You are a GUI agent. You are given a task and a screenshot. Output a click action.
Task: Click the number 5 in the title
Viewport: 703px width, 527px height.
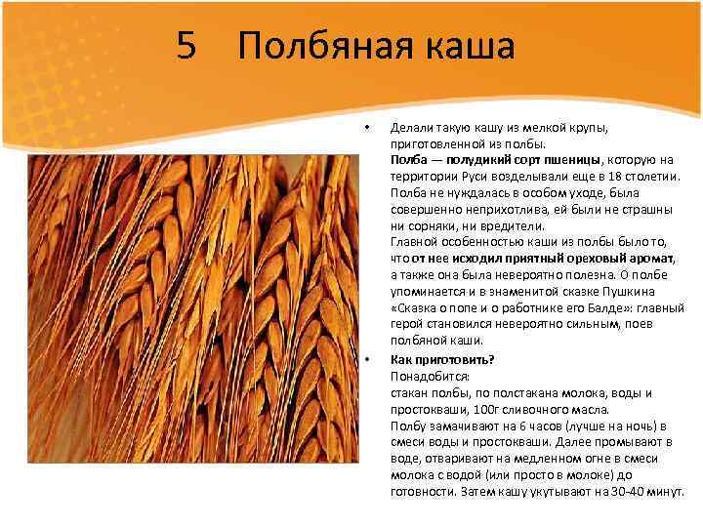click(188, 47)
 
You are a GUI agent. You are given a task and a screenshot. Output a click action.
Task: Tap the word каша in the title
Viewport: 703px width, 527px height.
click(465, 47)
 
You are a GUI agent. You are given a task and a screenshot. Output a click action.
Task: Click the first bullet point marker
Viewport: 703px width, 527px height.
click(366, 128)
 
